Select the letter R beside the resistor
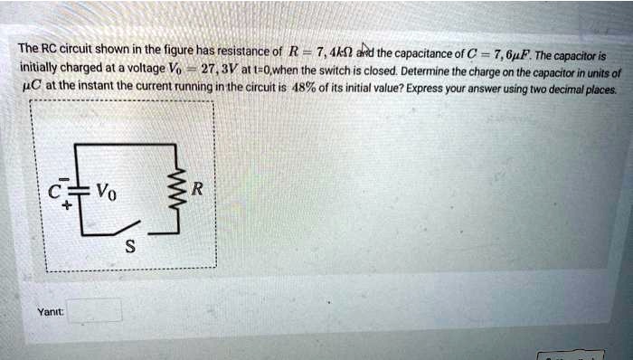click(x=199, y=190)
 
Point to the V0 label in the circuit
click(x=105, y=192)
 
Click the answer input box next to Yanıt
click(x=93, y=310)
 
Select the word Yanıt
click(x=49, y=311)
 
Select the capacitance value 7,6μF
click(x=519, y=51)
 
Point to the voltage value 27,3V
click(x=222, y=70)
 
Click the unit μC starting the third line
click(x=29, y=88)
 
